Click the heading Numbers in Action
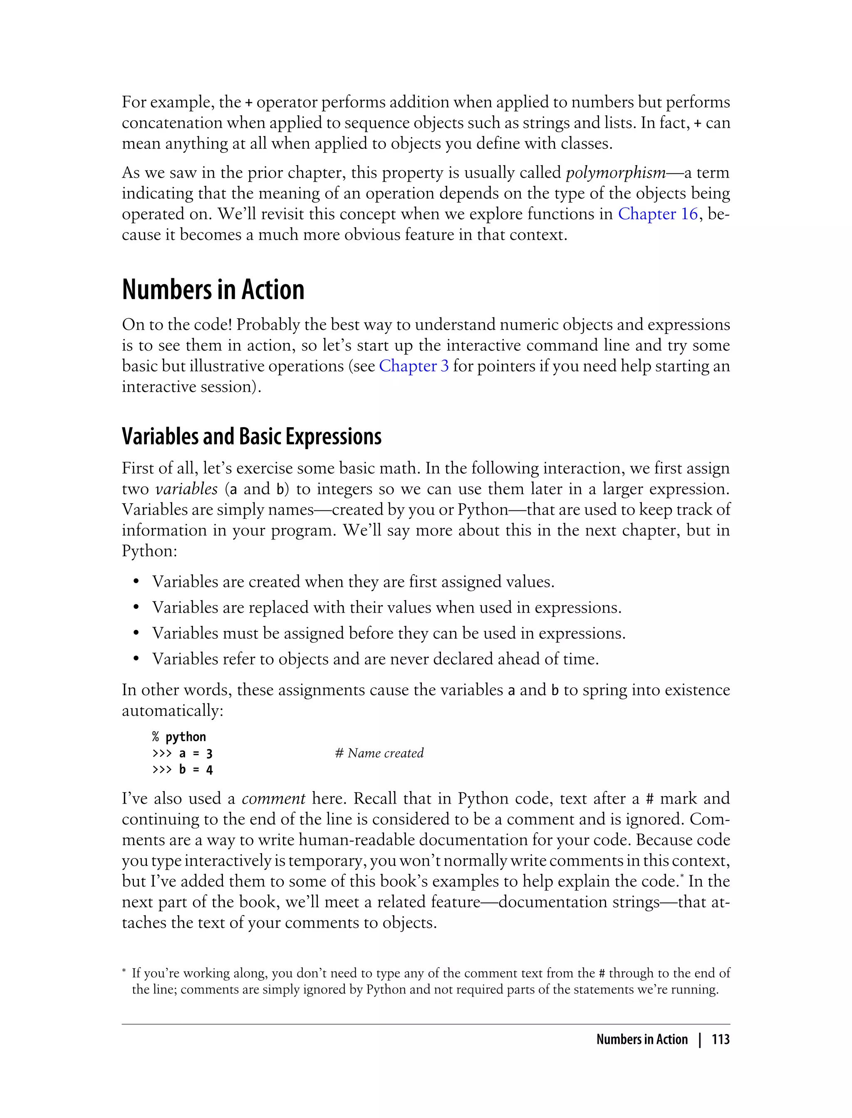click(x=213, y=290)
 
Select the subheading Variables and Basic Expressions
click(x=252, y=437)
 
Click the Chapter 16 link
click(x=658, y=214)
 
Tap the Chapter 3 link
click(x=414, y=366)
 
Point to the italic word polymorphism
click(x=615, y=173)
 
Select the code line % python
click(x=179, y=737)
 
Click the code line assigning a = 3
click(x=183, y=754)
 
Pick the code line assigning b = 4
click(x=183, y=770)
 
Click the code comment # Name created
click(x=379, y=754)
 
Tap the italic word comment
click(x=273, y=799)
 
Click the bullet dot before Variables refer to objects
click(x=136, y=660)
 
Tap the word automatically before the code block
click(x=172, y=711)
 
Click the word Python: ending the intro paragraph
click(x=149, y=551)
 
